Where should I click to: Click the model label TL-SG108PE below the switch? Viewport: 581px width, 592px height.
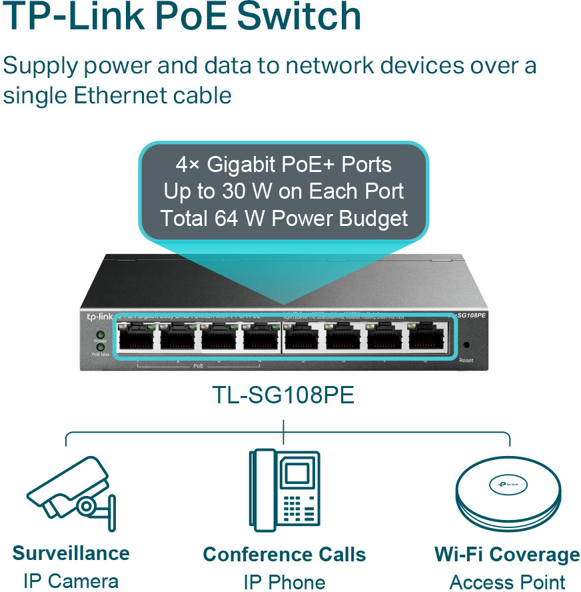click(283, 395)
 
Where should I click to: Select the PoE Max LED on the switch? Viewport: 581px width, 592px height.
click(100, 347)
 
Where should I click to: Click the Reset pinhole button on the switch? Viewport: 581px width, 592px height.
click(466, 345)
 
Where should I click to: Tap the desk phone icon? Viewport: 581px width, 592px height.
click(284, 489)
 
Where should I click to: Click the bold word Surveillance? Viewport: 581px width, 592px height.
click(71, 553)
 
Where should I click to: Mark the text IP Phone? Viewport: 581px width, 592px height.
click(284, 581)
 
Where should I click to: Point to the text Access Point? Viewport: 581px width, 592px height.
click(507, 581)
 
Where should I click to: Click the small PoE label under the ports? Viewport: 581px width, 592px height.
click(199, 367)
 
